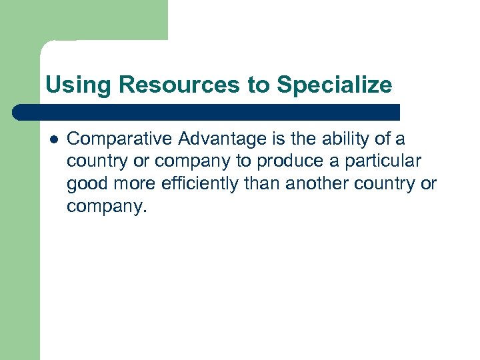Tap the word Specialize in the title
click(335, 85)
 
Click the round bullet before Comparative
click(53, 139)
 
